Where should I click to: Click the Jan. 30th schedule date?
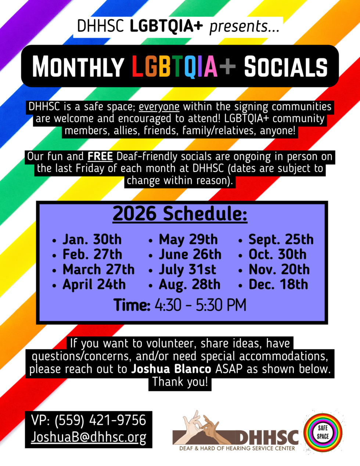click(x=92, y=239)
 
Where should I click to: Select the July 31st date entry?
click(x=187, y=270)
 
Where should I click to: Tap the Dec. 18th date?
click(x=278, y=285)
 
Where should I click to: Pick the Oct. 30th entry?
click(x=277, y=254)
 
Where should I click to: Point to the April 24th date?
click(x=94, y=285)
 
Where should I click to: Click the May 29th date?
click(x=188, y=239)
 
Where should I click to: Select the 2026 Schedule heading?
click(x=180, y=214)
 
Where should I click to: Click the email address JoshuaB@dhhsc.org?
click(x=89, y=437)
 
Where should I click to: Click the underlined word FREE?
click(x=100, y=156)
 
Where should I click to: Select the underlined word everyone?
click(x=159, y=107)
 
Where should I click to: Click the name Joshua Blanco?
click(x=171, y=369)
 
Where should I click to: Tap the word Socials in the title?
click(x=285, y=66)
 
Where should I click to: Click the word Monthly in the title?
click(x=78, y=66)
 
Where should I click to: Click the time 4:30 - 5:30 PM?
click(x=200, y=305)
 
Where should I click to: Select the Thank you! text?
click(x=180, y=382)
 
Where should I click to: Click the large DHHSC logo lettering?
click(x=267, y=437)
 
